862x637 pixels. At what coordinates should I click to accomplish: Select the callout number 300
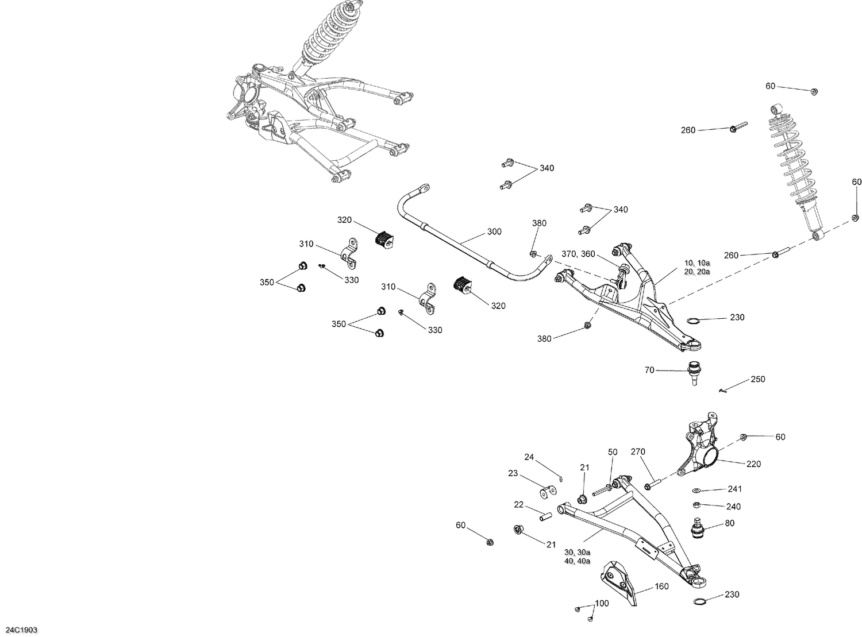point(494,231)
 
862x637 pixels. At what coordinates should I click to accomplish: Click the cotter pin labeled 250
point(723,391)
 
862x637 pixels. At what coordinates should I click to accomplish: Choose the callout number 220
point(753,464)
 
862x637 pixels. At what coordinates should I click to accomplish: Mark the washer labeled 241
point(696,491)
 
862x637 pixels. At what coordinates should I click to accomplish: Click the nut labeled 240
point(695,505)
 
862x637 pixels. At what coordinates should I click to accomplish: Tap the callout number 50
point(613,452)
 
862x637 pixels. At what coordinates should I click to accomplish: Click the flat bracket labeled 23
point(548,492)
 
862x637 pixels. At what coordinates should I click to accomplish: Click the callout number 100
point(602,604)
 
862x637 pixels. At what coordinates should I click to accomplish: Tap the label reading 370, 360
point(578,254)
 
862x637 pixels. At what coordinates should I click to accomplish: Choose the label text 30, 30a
point(578,551)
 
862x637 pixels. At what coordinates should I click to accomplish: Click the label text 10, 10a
point(696,262)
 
